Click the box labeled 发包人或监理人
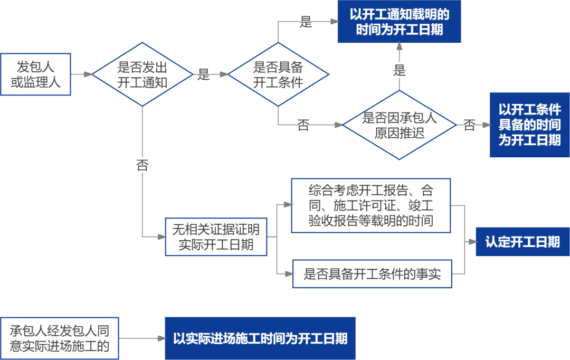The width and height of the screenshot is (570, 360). (35, 74)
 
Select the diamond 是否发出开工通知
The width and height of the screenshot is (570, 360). (142, 74)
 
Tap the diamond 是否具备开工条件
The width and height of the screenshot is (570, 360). (278, 74)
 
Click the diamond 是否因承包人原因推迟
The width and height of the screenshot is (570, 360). (399, 125)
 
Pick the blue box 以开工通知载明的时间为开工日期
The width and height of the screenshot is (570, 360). (399, 22)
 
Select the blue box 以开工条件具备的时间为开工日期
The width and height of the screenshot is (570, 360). (529, 125)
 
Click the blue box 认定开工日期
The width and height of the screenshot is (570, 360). (522, 242)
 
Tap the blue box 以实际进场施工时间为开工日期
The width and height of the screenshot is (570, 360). (260, 338)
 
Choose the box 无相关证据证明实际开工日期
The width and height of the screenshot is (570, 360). (216, 237)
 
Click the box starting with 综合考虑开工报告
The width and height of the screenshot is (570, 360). (371, 205)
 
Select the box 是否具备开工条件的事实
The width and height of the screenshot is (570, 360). (372, 273)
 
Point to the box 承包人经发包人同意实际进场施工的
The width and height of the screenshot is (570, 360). (59, 338)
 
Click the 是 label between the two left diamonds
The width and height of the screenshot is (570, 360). (203, 74)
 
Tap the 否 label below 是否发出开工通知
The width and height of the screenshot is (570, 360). (142, 165)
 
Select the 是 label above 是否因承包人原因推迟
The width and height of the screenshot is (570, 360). (399, 70)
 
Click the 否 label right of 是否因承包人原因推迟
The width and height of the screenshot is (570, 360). (469, 125)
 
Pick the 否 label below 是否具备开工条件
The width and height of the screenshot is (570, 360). (303, 125)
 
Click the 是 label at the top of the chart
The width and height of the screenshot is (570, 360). (306, 22)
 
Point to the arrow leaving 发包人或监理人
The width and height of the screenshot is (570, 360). (82, 74)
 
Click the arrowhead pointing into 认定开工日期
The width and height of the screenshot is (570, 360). (471, 242)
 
